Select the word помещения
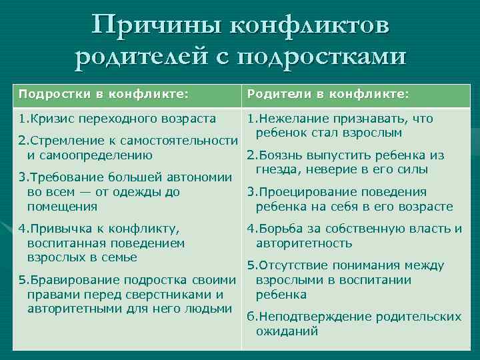[58, 206]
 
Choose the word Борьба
[276, 229]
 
